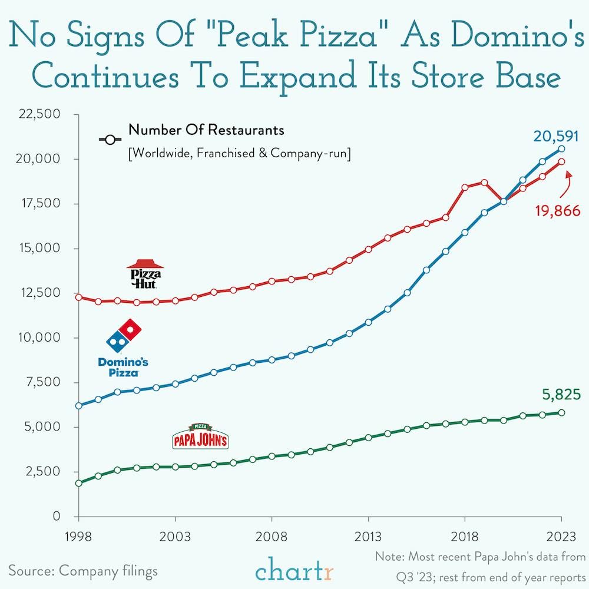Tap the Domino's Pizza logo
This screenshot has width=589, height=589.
(123, 349)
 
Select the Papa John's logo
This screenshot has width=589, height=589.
(199, 437)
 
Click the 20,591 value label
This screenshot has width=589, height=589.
(557, 137)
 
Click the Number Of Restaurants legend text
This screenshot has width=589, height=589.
(206, 130)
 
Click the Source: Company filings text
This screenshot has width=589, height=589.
(83, 570)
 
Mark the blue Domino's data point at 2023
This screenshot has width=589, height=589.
(561, 149)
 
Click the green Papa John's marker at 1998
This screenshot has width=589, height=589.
(78, 483)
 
